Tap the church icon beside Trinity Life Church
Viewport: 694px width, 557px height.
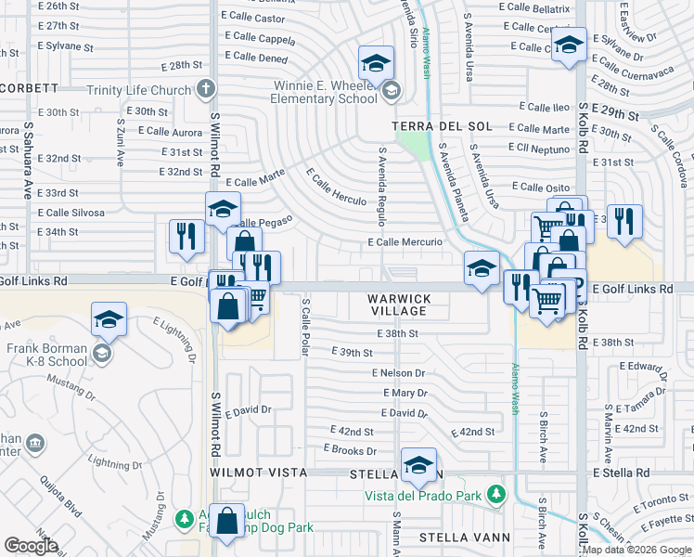coord(206,89)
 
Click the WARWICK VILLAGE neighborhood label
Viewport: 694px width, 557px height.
coord(399,304)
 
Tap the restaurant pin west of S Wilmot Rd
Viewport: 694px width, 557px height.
coord(186,236)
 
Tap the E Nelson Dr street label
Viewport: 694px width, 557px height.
coord(397,373)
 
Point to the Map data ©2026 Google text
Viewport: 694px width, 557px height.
coord(636,550)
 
